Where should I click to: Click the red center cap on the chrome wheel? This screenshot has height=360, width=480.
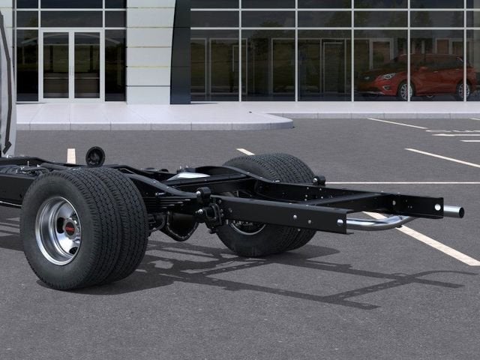68,228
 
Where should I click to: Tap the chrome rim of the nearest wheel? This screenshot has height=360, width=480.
50,238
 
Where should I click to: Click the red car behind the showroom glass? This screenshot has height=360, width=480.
417,76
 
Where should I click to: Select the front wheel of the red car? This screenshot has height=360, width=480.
405,91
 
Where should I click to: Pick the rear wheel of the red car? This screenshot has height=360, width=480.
461,91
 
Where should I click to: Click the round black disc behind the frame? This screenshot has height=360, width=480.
95,156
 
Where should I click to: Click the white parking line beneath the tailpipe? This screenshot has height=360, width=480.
435,244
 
